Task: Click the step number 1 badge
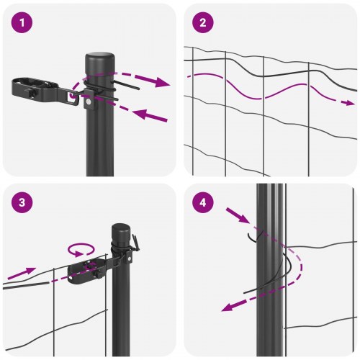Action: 23,23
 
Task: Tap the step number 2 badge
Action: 203,23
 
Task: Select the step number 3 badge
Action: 23,203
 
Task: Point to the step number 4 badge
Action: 203,203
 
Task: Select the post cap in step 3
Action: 121,232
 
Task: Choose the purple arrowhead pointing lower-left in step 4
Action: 229,306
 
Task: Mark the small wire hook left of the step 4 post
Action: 252,235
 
